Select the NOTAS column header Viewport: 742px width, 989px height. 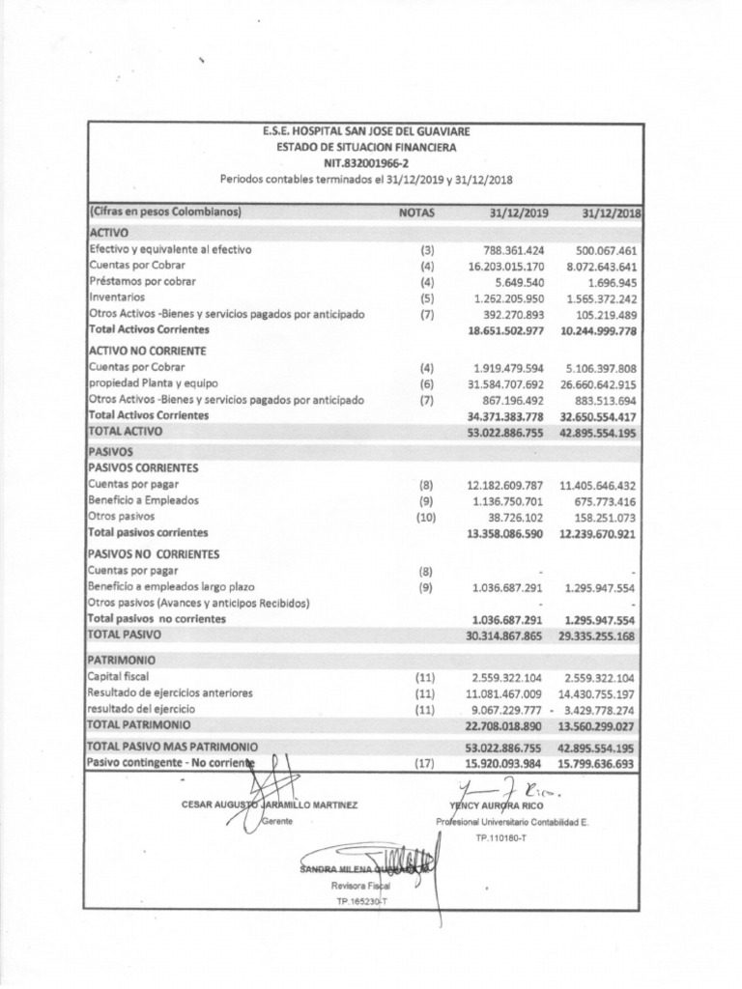pyautogui.click(x=416, y=212)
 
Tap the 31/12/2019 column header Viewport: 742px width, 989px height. pyautogui.click(x=520, y=212)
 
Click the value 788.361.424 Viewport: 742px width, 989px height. pyautogui.click(x=509, y=249)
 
